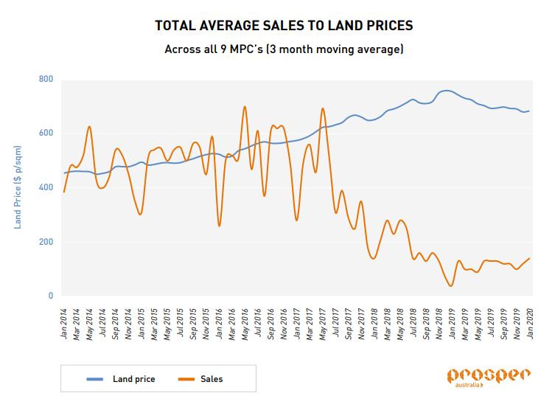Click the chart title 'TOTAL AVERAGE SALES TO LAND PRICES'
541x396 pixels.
coord(284,26)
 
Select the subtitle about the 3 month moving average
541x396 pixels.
coord(284,50)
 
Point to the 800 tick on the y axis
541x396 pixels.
coord(46,79)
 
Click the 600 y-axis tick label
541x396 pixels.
coord(46,133)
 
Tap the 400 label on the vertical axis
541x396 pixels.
coord(46,187)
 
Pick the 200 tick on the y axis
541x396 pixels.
coord(46,242)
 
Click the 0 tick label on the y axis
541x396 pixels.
coord(51,296)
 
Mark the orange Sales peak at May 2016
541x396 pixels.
coord(245,106)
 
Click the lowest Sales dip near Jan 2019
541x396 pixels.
coord(451,285)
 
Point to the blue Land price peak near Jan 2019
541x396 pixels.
coord(447,91)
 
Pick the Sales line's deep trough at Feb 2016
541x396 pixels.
coord(219,226)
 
